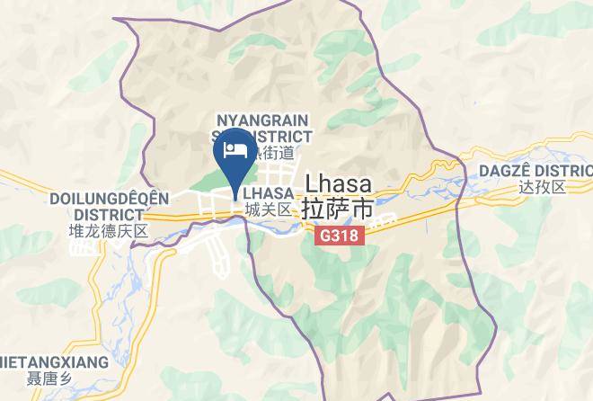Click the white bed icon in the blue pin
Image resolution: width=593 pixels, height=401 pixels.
[235, 148]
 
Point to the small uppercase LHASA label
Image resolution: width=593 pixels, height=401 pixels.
[268, 193]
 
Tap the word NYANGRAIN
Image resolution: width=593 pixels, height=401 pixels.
[261, 120]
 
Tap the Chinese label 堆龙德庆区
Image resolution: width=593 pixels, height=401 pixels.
[107, 231]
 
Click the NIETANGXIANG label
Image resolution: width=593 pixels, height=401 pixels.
[54, 362]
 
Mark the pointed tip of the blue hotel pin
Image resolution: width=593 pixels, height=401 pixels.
[235, 200]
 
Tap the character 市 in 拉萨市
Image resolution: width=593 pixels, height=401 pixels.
[363, 208]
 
